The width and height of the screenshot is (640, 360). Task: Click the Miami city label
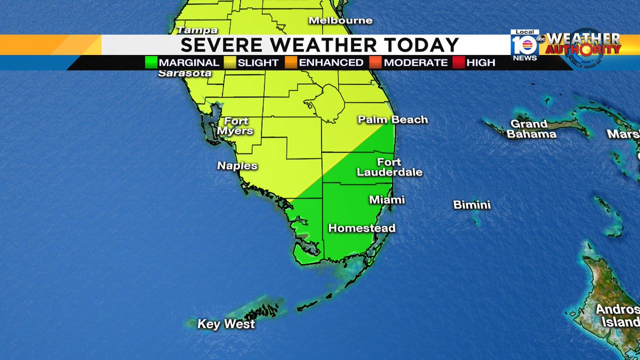(387, 200)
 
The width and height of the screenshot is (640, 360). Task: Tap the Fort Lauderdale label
(389, 167)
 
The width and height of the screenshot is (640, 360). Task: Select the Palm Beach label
(393, 119)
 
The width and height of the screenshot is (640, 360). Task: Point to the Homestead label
(362, 228)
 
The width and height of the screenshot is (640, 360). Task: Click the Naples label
(237, 166)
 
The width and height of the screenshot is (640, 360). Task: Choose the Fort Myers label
(236, 126)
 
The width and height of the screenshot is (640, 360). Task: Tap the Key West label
(226, 324)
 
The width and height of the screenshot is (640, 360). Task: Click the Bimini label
(471, 205)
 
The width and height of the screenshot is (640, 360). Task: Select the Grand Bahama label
(531, 129)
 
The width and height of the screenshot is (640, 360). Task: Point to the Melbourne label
(340, 20)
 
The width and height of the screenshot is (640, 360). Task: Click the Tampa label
(197, 30)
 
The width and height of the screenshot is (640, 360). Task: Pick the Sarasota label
(185, 73)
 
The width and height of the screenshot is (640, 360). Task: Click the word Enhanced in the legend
(331, 62)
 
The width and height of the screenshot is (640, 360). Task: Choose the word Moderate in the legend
(415, 62)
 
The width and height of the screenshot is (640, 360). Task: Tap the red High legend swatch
(459, 62)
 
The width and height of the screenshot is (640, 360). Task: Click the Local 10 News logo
(525, 45)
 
